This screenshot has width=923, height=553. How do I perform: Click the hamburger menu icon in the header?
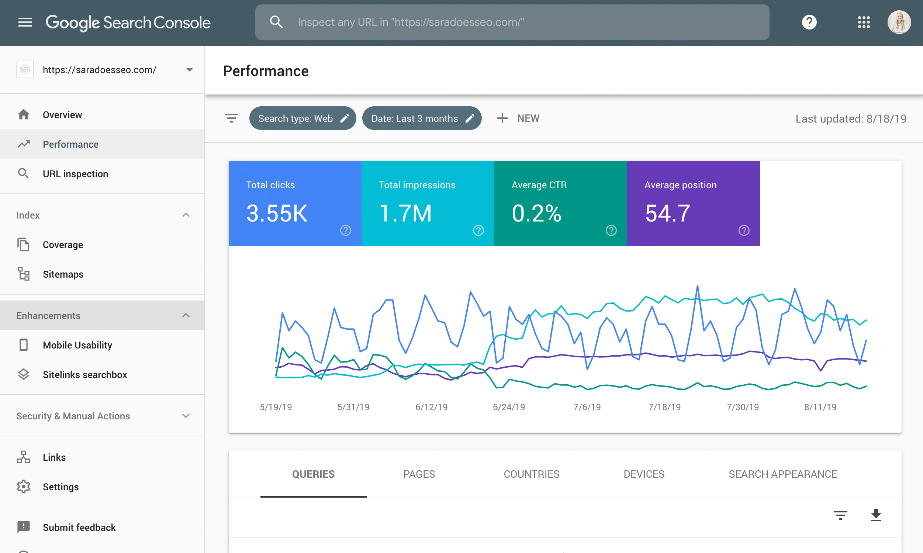(x=25, y=23)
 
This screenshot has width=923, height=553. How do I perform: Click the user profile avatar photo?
(x=899, y=23)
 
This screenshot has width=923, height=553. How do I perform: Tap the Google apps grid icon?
(x=864, y=23)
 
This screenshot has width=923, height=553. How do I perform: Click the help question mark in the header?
(x=809, y=23)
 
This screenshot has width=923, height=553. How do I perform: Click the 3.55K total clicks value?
(x=277, y=213)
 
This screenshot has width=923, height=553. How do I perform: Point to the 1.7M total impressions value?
(x=405, y=213)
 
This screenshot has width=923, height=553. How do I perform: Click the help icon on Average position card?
(x=744, y=231)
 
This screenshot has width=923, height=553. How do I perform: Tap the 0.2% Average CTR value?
(x=536, y=213)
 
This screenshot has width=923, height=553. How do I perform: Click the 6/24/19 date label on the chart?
(x=509, y=407)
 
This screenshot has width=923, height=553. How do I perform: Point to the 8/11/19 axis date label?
(x=820, y=407)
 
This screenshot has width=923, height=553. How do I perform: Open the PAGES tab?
(x=419, y=474)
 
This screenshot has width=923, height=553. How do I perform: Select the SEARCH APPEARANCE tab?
(x=783, y=474)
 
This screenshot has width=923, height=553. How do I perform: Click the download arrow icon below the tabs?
(x=876, y=515)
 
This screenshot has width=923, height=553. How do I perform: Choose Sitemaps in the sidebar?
(x=63, y=274)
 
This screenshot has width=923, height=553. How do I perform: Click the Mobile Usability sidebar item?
(x=77, y=345)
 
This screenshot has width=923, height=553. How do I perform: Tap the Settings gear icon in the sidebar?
(x=24, y=487)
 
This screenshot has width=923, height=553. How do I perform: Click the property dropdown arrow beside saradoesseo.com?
(x=190, y=70)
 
